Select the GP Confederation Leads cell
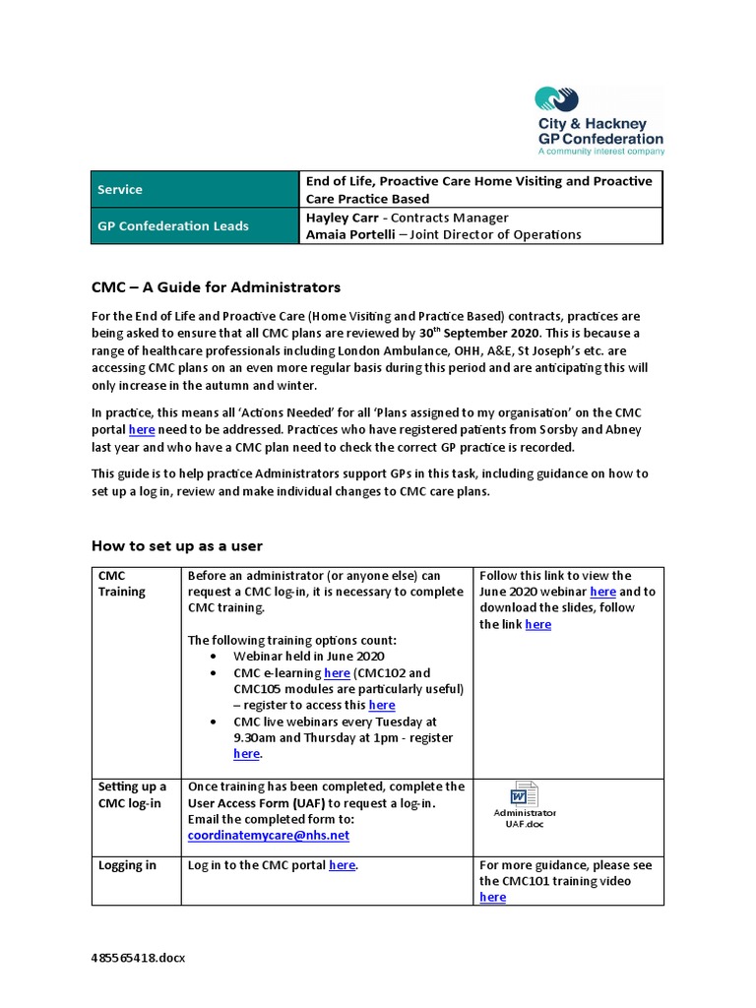click(x=172, y=225)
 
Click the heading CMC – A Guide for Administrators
click(x=216, y=287)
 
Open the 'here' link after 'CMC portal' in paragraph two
click(x=142, y=430)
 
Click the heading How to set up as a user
click(x=177, y=545)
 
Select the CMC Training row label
click(x=121, y=584)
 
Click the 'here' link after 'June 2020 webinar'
click(x=602, y=592)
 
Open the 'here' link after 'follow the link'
click(x=537, y=624)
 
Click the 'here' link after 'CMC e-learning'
click(x=337, y=672)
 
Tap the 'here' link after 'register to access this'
click(x=381, y=705)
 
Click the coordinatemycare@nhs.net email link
click(x=268, y=835)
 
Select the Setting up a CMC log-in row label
click(x=132, y=794)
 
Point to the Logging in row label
click(x=127, y=865)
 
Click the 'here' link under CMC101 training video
click(x=492, y=898)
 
